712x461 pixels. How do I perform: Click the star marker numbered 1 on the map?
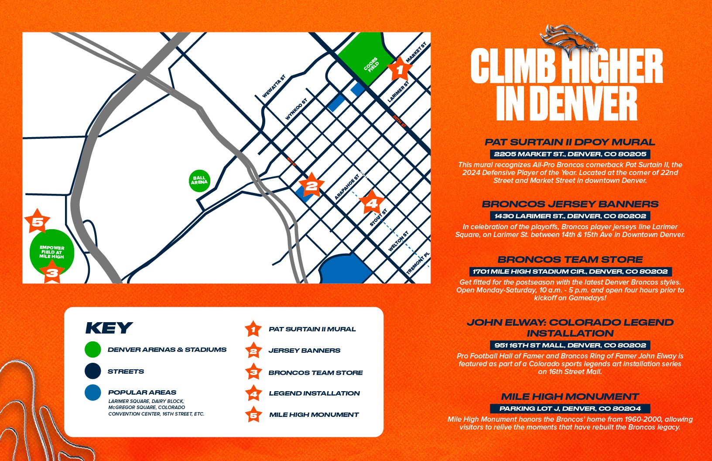[x=399, y=69]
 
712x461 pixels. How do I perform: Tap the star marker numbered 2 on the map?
[x=311, y=186]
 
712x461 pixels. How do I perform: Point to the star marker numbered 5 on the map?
[x=38, y=222]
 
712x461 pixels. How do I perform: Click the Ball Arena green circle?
[x=199, y=180]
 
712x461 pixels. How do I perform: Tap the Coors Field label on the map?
[x=372, y=65]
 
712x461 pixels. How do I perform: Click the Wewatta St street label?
[x=274, y=86]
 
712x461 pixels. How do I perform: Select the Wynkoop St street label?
[x=296, y=110]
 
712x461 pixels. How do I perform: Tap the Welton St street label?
[x=398, y=241]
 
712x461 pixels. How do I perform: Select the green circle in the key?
[x=93, y=350]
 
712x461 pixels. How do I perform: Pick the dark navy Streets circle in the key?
[x=93, y=372]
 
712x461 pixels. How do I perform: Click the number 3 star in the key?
[x=253, y=372]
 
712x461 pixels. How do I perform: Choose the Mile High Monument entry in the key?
[x=314, y=415]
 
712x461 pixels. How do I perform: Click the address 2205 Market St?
[x=570, y=154]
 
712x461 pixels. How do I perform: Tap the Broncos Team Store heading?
[x=570, y=259]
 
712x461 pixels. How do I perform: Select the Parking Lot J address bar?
[x=570, y=409]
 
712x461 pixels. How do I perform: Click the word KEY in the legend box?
[x=109, y=328]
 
